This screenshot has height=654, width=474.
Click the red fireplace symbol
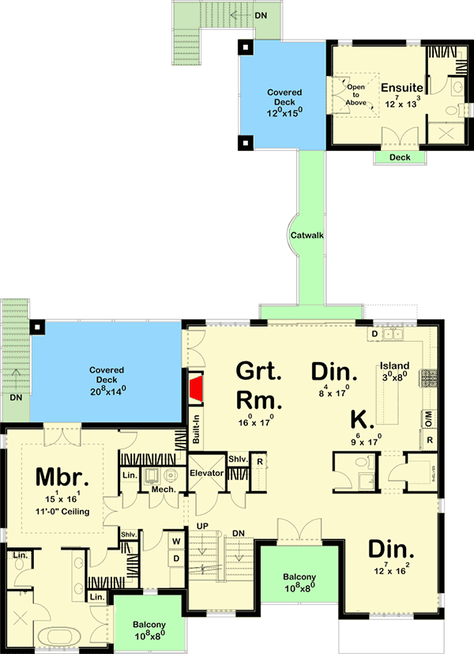[196, 389]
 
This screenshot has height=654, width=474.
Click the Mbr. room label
[61, 478]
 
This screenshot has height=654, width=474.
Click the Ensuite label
[402, 87]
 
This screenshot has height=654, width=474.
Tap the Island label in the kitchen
[393, 365]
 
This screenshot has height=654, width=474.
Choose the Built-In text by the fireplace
[196, 429]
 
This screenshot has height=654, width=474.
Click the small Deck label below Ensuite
[400, 157]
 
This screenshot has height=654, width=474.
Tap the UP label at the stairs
[202, 526]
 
